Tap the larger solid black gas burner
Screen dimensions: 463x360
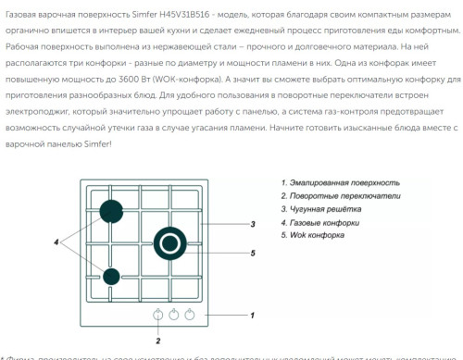coord(110,212)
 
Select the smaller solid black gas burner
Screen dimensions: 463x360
coord(111,275)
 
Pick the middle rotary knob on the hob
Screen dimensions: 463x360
coord(173,314)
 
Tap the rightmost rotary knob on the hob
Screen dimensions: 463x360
coord(190,314)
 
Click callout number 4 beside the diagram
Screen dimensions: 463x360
coord(56,242)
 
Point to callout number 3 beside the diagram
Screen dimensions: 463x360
coord(252,225)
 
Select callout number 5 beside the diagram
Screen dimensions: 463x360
coord(252,252)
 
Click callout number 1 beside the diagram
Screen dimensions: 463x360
coord(252,315)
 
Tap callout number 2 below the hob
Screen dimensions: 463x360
coord(158,341)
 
